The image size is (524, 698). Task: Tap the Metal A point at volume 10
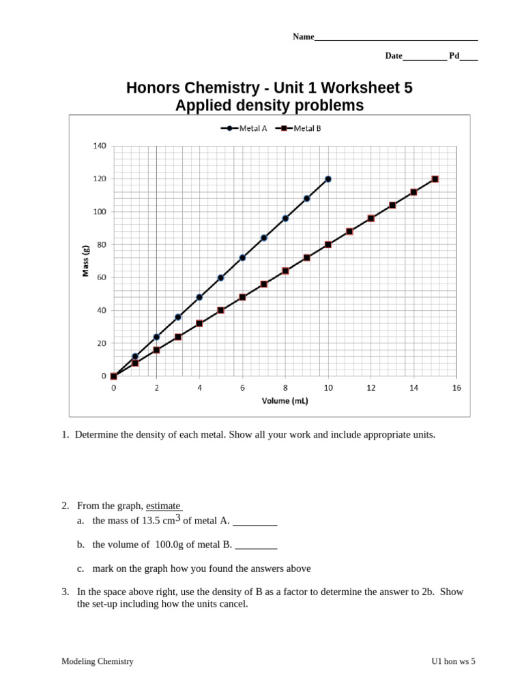coord(328,179)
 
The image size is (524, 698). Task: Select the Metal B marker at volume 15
coord(435,179)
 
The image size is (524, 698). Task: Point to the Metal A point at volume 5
coord(221,277)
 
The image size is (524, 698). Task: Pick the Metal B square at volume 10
coord(328,245)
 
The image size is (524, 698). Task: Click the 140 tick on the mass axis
coord(100,146)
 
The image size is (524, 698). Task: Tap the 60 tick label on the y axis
coord(102,277)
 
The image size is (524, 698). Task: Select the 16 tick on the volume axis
coord(456,388)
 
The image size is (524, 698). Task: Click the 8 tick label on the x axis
coord(285,388)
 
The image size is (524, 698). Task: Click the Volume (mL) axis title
coord(285,401)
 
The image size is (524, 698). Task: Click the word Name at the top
coord(303,37)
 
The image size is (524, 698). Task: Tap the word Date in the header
coord(394,57)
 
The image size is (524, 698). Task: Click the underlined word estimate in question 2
coord(163,506)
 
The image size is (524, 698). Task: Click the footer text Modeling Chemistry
coord(98,661)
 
